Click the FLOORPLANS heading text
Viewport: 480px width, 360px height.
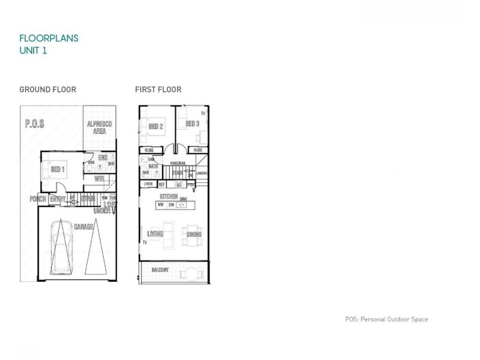point(49,38)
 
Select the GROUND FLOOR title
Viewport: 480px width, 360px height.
point(48,90)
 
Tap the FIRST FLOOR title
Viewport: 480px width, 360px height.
point(158,90)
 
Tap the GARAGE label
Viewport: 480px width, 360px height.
point(83,227)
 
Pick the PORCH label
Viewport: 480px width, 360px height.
point(38,198)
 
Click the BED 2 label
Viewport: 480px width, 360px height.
point(156,125)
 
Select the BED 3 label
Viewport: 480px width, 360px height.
point(192,124)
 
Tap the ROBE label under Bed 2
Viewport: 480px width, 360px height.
point(149,150)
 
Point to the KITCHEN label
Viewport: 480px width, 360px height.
point(168,197)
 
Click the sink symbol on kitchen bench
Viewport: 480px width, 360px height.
point(184,205)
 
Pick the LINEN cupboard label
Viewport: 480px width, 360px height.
point(148,184)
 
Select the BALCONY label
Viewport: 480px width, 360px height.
point(160,270)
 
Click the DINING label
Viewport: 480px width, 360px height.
point(194,235)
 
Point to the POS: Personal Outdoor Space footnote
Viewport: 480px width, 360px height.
point(386,320)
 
